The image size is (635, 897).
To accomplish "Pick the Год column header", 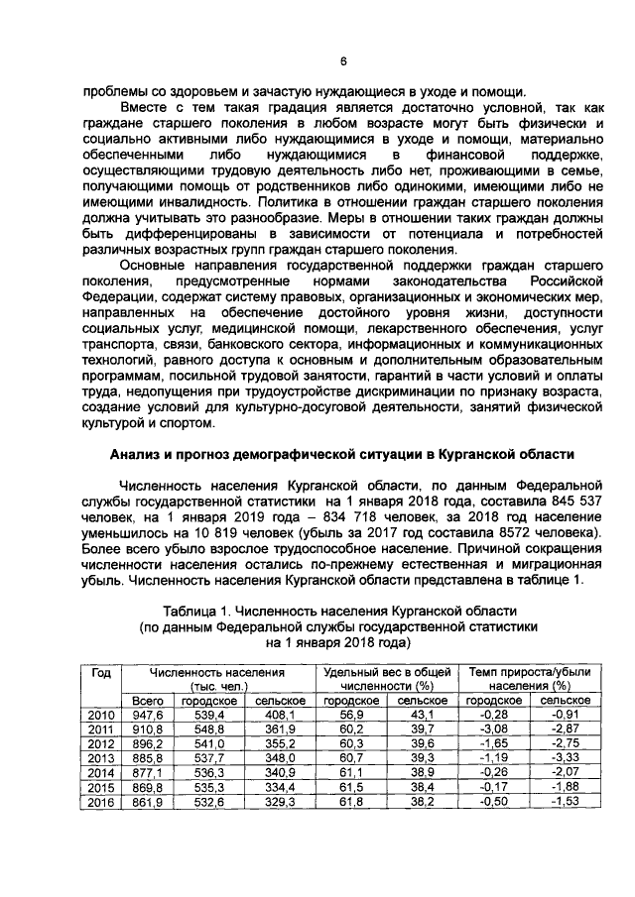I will tap(100, 672).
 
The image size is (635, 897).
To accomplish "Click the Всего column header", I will tap(148, 701).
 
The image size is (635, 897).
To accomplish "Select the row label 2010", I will tap(100, 715).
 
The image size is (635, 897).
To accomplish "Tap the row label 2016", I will tap(100, 802).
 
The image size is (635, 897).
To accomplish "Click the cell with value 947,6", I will tap(148, 715).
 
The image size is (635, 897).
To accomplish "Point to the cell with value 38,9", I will tap(423, 773).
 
